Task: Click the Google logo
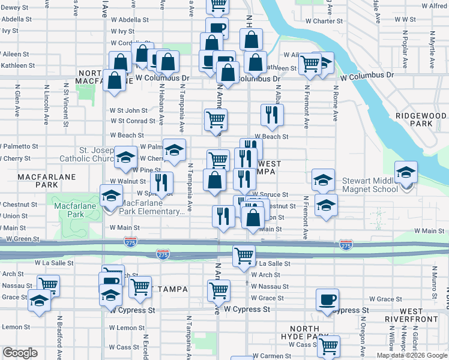(x=19, y=353)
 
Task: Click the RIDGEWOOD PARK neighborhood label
(x=421, y=119)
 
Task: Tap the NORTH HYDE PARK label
(x=310, y=333)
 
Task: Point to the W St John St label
(x=128, y=110)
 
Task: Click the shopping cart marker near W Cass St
(x=328, y=346)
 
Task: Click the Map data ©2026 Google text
(x=412, y=355)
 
